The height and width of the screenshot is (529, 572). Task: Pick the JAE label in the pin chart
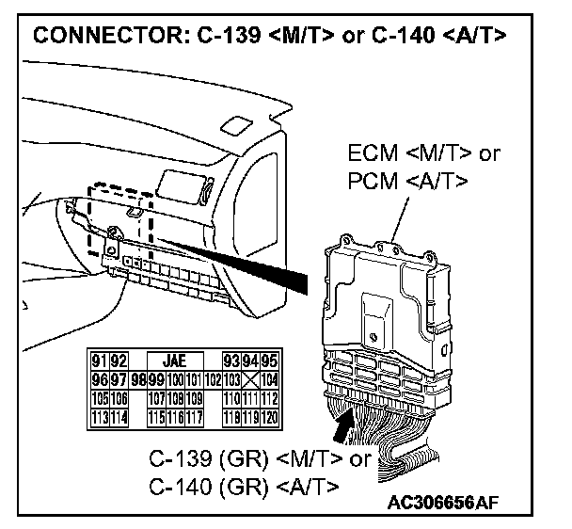coord(174,360)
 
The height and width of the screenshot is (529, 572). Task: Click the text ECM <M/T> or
coord(423,154)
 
